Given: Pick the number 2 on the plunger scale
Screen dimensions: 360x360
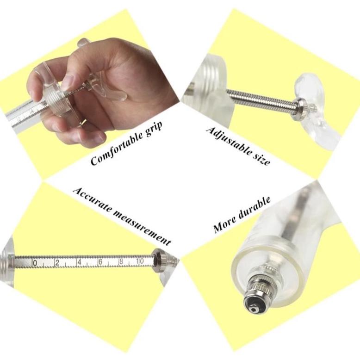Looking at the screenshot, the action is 57,262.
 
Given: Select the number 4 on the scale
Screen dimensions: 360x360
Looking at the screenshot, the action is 79,262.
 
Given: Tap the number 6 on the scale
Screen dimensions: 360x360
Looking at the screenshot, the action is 100,262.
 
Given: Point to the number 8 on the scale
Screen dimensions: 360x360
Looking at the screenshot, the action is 121,261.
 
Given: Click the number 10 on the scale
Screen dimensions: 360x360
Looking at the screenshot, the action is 140,261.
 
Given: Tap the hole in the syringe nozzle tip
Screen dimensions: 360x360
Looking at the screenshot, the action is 254,310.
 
